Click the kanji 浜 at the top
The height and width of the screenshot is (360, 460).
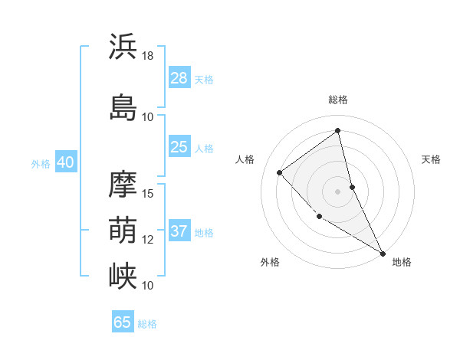[123, 47]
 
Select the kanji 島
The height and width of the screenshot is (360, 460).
[123, 107]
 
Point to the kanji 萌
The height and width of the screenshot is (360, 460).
[123, 229]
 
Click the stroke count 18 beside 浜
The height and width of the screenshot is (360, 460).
[148, 56]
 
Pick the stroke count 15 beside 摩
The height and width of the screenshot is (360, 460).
[148, 193]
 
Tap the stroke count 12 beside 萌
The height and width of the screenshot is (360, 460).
[148, 239]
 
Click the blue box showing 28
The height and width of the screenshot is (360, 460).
[179, 78]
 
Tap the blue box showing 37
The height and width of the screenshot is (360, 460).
[179, 231]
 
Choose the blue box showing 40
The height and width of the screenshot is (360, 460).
[65, 162]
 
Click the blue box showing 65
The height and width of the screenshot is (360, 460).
[123, 322]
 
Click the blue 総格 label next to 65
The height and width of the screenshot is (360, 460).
[147, 324]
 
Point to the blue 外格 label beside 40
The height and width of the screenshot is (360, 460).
[41, 163]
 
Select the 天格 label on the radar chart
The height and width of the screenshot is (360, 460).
[431, 159]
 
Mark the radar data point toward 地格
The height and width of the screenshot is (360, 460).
[383, 253]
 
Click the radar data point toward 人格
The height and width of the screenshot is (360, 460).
[280, 172]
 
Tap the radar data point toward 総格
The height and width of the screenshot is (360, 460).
[337, 130]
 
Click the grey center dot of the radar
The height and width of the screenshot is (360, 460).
[337, 191]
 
